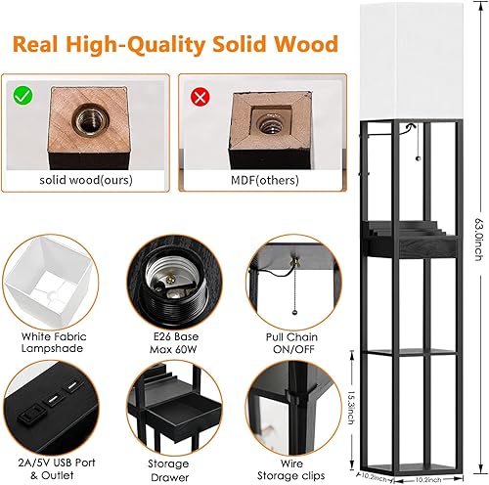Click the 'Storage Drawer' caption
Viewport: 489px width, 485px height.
[x=169, y=463]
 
